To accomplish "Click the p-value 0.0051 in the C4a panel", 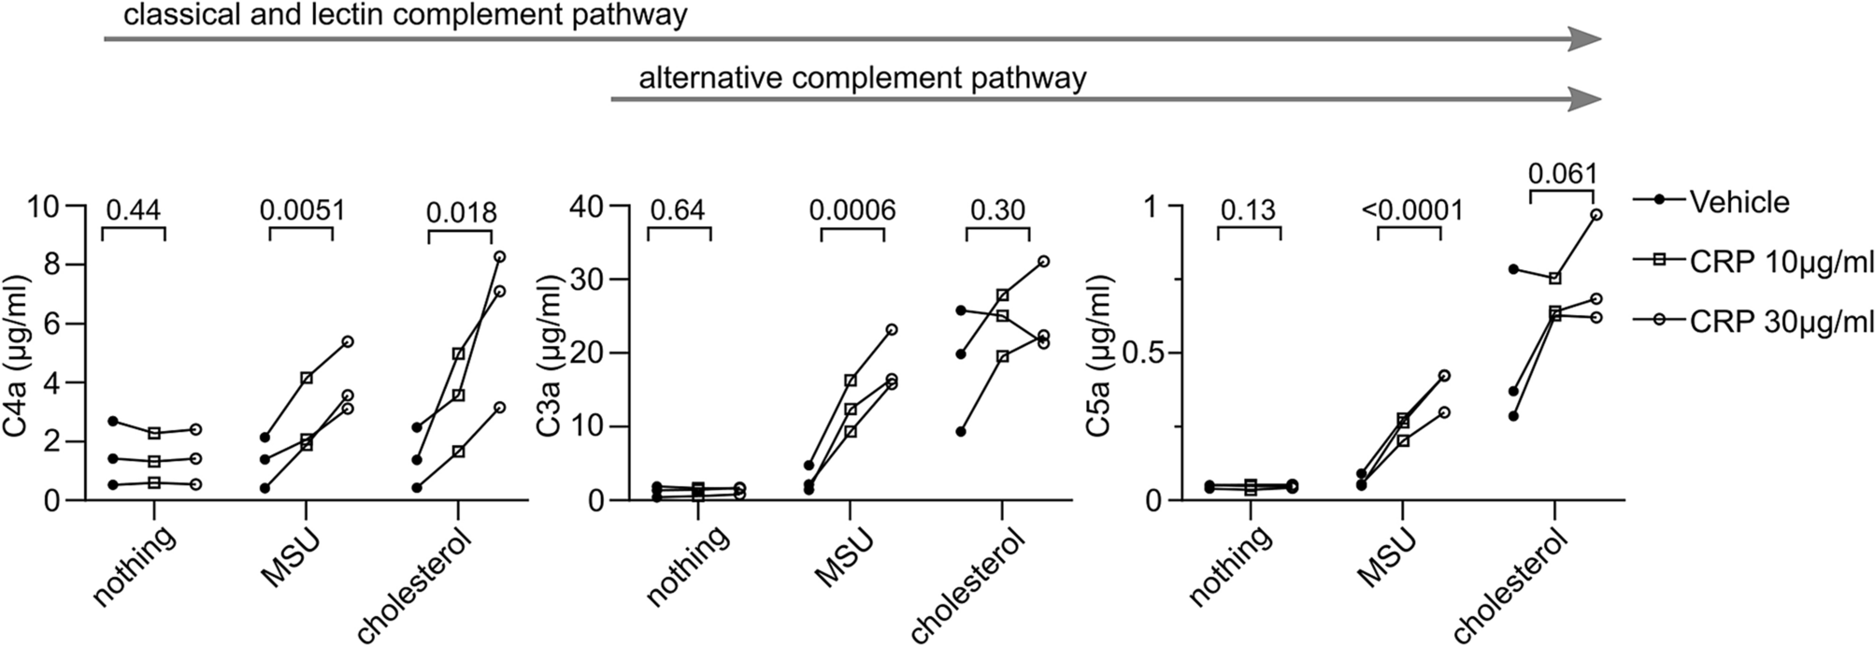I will (301, 209).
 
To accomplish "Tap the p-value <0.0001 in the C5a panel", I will (1408, 209).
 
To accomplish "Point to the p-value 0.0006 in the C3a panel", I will (852, 209).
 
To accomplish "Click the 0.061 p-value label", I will (1561, 174).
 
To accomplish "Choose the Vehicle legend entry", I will (1739, 202).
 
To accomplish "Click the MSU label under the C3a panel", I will (840, 558).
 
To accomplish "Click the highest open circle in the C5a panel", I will (1596, 214).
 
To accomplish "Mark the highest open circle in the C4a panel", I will (499, 256).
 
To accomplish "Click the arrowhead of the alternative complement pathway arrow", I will (1585, 98).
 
